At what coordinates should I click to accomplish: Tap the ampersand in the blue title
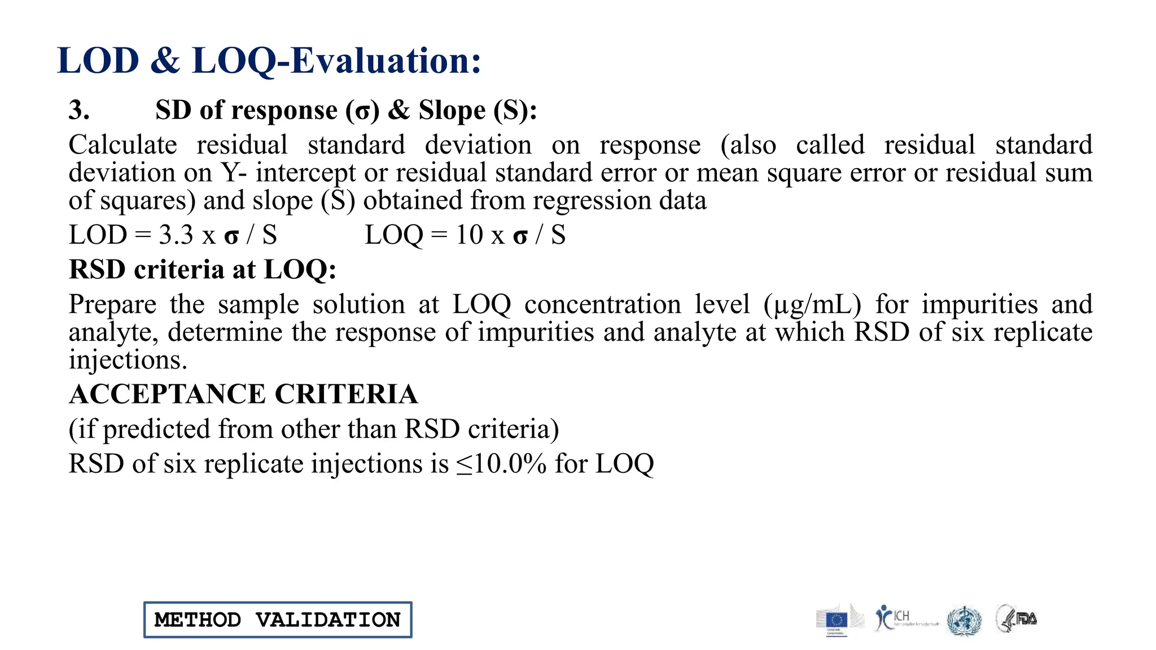(165, 61)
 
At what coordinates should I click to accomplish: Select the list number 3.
(79, 110)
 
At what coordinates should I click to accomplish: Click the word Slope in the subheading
(452, 110)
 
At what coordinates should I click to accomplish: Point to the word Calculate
(123, 145)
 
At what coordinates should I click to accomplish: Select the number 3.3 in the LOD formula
(176, 235)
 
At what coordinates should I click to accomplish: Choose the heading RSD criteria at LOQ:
(203, 270)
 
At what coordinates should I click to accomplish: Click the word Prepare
(112, 305)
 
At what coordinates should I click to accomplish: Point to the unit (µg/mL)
(812, 305)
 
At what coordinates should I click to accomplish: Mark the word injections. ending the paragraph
(128, 360)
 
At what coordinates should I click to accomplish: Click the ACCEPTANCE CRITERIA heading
(243, 394)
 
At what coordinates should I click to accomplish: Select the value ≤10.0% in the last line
(501, 464)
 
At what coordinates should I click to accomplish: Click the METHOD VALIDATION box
(278, 620)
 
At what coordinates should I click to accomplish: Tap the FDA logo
(1017, 619)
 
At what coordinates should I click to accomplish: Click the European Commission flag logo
(837, 620)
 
